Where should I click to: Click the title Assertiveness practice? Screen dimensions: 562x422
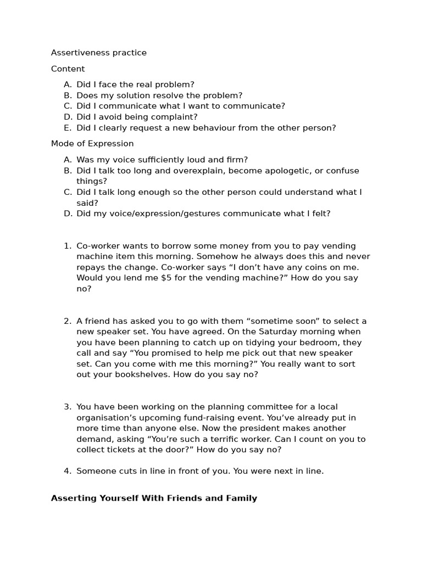click(99, 53)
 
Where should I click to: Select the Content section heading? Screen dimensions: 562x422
click(68, 69)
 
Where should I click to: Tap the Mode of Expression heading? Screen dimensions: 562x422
click(92, 144)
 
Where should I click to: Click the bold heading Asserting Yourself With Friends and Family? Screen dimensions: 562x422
click(154, 498)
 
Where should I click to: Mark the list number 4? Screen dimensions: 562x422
click(67, 471)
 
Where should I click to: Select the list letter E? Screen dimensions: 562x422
click(68, 128)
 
